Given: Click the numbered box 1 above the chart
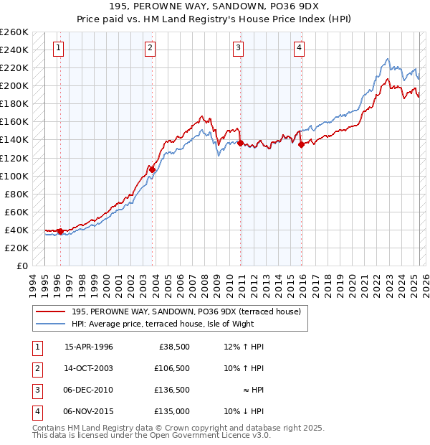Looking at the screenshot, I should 58,49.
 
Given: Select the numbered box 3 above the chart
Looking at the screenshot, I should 238,49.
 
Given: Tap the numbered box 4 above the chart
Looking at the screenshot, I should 298,49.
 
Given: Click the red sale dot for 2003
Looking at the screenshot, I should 153,169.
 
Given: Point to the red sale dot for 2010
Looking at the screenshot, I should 240,142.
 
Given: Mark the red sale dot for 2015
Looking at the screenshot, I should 301,144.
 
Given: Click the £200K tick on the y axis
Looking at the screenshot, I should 14,85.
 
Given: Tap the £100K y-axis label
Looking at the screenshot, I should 14,176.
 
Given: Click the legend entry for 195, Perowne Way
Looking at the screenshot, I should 190,311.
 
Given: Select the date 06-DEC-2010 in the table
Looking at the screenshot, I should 88,390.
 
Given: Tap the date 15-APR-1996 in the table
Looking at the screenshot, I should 88,347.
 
